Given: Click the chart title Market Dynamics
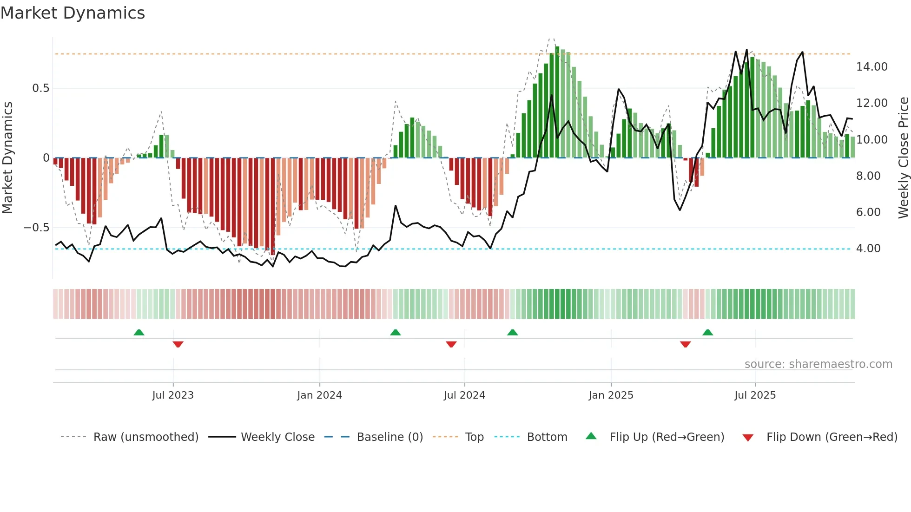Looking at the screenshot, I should [x=73, y=13].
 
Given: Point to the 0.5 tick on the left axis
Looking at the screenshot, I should [x=40, y=88].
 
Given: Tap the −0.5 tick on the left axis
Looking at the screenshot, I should [x=37, y=228].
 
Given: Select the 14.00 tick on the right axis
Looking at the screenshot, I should [x=871, y=67].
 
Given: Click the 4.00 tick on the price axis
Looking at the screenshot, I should [x=868, y=249].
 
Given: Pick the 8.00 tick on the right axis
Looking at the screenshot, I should [x=868, y=176].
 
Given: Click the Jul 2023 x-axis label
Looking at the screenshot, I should [x=173, y=395].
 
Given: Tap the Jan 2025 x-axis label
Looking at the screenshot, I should [x=611, y=395].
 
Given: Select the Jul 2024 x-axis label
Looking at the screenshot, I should [x=464, y=395].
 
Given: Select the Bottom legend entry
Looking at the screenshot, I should [x=547, y=437].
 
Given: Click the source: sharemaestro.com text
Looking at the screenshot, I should [x=818, y=364].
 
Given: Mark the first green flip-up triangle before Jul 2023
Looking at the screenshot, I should [x=139, y=332].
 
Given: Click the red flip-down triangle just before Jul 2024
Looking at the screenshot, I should [x=451, y=344].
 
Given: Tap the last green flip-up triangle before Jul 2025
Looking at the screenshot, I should [x=707, y=332].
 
